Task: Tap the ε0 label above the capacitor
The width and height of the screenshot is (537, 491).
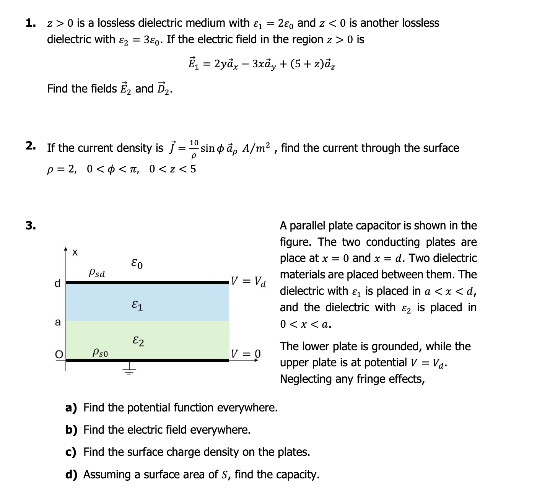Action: pos(137,264)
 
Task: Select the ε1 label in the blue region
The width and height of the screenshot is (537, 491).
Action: pos(137,306)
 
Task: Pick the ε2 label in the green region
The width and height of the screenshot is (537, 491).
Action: pos(138,341)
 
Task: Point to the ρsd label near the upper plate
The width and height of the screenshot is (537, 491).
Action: pos(97,273)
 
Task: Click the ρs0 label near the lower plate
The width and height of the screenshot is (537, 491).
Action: pos(100,353)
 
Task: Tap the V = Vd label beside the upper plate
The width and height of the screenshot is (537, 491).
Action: pos(249,282)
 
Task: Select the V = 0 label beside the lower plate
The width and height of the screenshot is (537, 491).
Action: pos(246,353)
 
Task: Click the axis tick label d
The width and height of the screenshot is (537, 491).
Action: pos(57,283)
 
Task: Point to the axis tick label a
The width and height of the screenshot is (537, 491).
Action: pos(58,322)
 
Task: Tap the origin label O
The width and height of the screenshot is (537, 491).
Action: pos(59,355)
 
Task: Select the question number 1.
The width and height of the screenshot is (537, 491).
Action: pos(31,23)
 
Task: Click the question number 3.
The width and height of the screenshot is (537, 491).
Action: pos(31,226)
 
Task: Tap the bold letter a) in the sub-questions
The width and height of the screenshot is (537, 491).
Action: pos(71,408)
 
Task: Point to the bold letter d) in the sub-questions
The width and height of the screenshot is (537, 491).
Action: pos(71,475)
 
